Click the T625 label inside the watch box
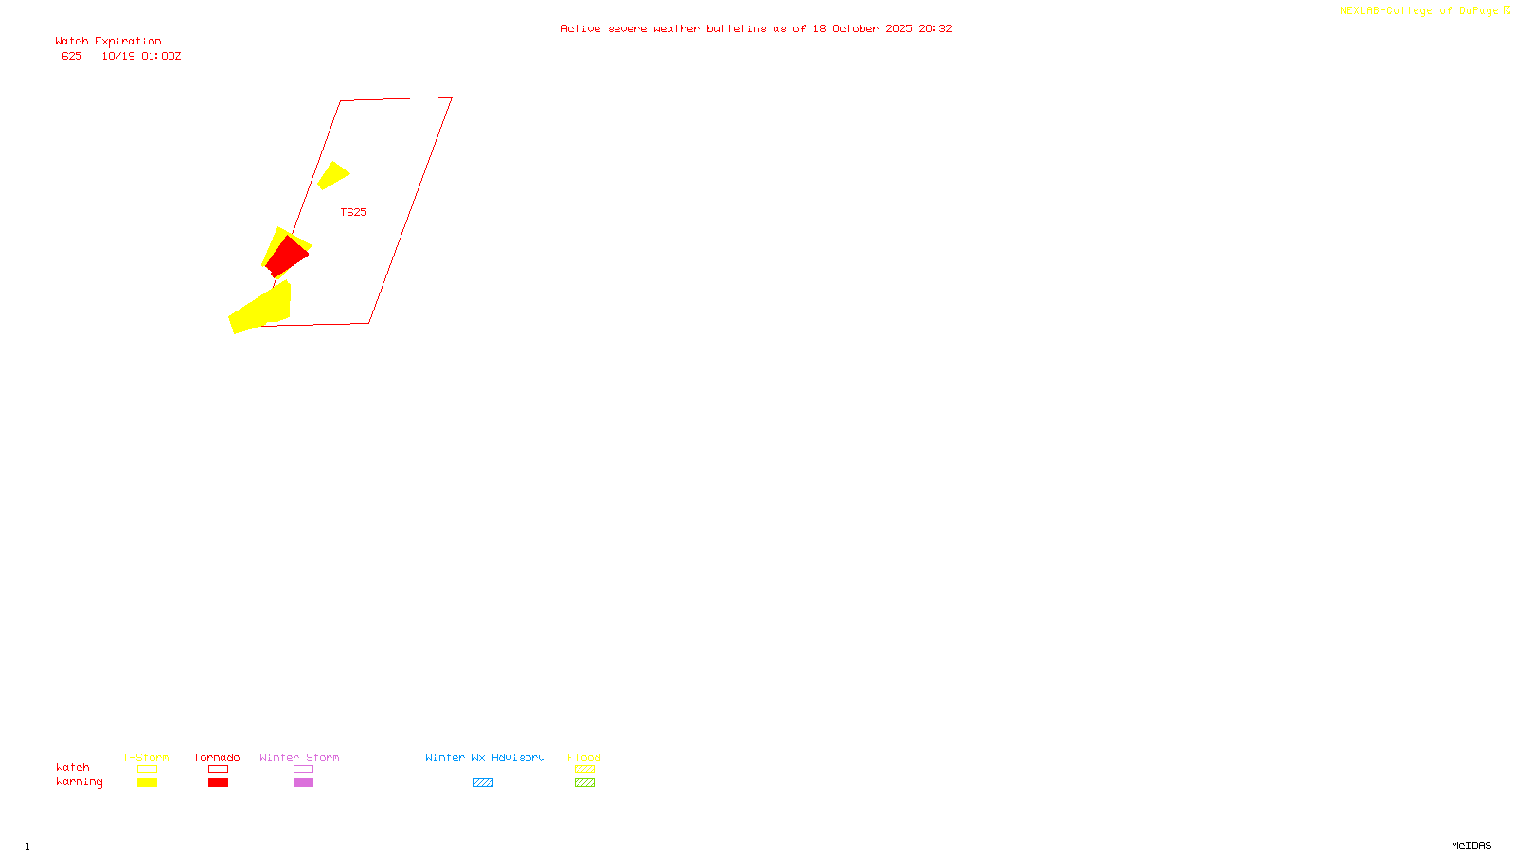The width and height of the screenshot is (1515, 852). [x=353, y=212]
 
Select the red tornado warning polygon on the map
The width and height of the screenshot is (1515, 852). [x=287, y=256]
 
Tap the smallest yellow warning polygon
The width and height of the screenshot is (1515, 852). [x=332, y=175]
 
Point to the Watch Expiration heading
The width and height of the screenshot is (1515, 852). [x=108, y=42]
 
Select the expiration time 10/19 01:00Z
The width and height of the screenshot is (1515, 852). [x=141, y=57]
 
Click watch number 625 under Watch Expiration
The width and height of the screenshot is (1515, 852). [x=72, y=57]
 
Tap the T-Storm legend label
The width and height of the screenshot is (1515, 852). [x=146, y=757]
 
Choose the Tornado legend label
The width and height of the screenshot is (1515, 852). [x=217, y=757]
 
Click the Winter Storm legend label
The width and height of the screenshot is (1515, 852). [x=299, y=757]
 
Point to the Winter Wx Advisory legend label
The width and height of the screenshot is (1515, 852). [x=485, y=757]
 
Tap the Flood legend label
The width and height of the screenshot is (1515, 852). [x=584, y=757]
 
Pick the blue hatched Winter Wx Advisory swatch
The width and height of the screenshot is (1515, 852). [x=483, y=783]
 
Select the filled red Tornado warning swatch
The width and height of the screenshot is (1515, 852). [x=218, y=783]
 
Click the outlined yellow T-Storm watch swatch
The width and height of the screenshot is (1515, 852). [x=147, y=770]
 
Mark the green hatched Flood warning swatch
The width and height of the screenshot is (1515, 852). [x=584, y=783]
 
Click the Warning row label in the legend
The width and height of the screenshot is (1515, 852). [x=79, y=782]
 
